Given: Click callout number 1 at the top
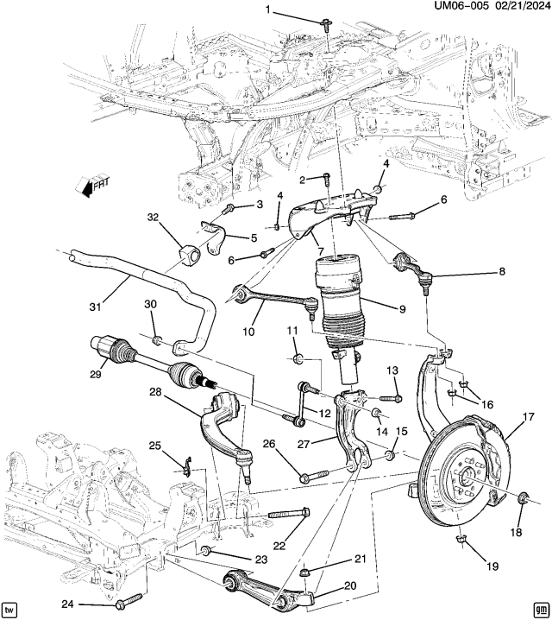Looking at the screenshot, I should tap(267, 10).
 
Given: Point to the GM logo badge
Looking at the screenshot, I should tap(541, 609).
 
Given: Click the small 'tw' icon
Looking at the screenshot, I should tap(9, 609).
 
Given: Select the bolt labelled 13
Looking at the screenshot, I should tap(388, 398).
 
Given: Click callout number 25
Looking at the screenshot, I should tap(154, 446).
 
